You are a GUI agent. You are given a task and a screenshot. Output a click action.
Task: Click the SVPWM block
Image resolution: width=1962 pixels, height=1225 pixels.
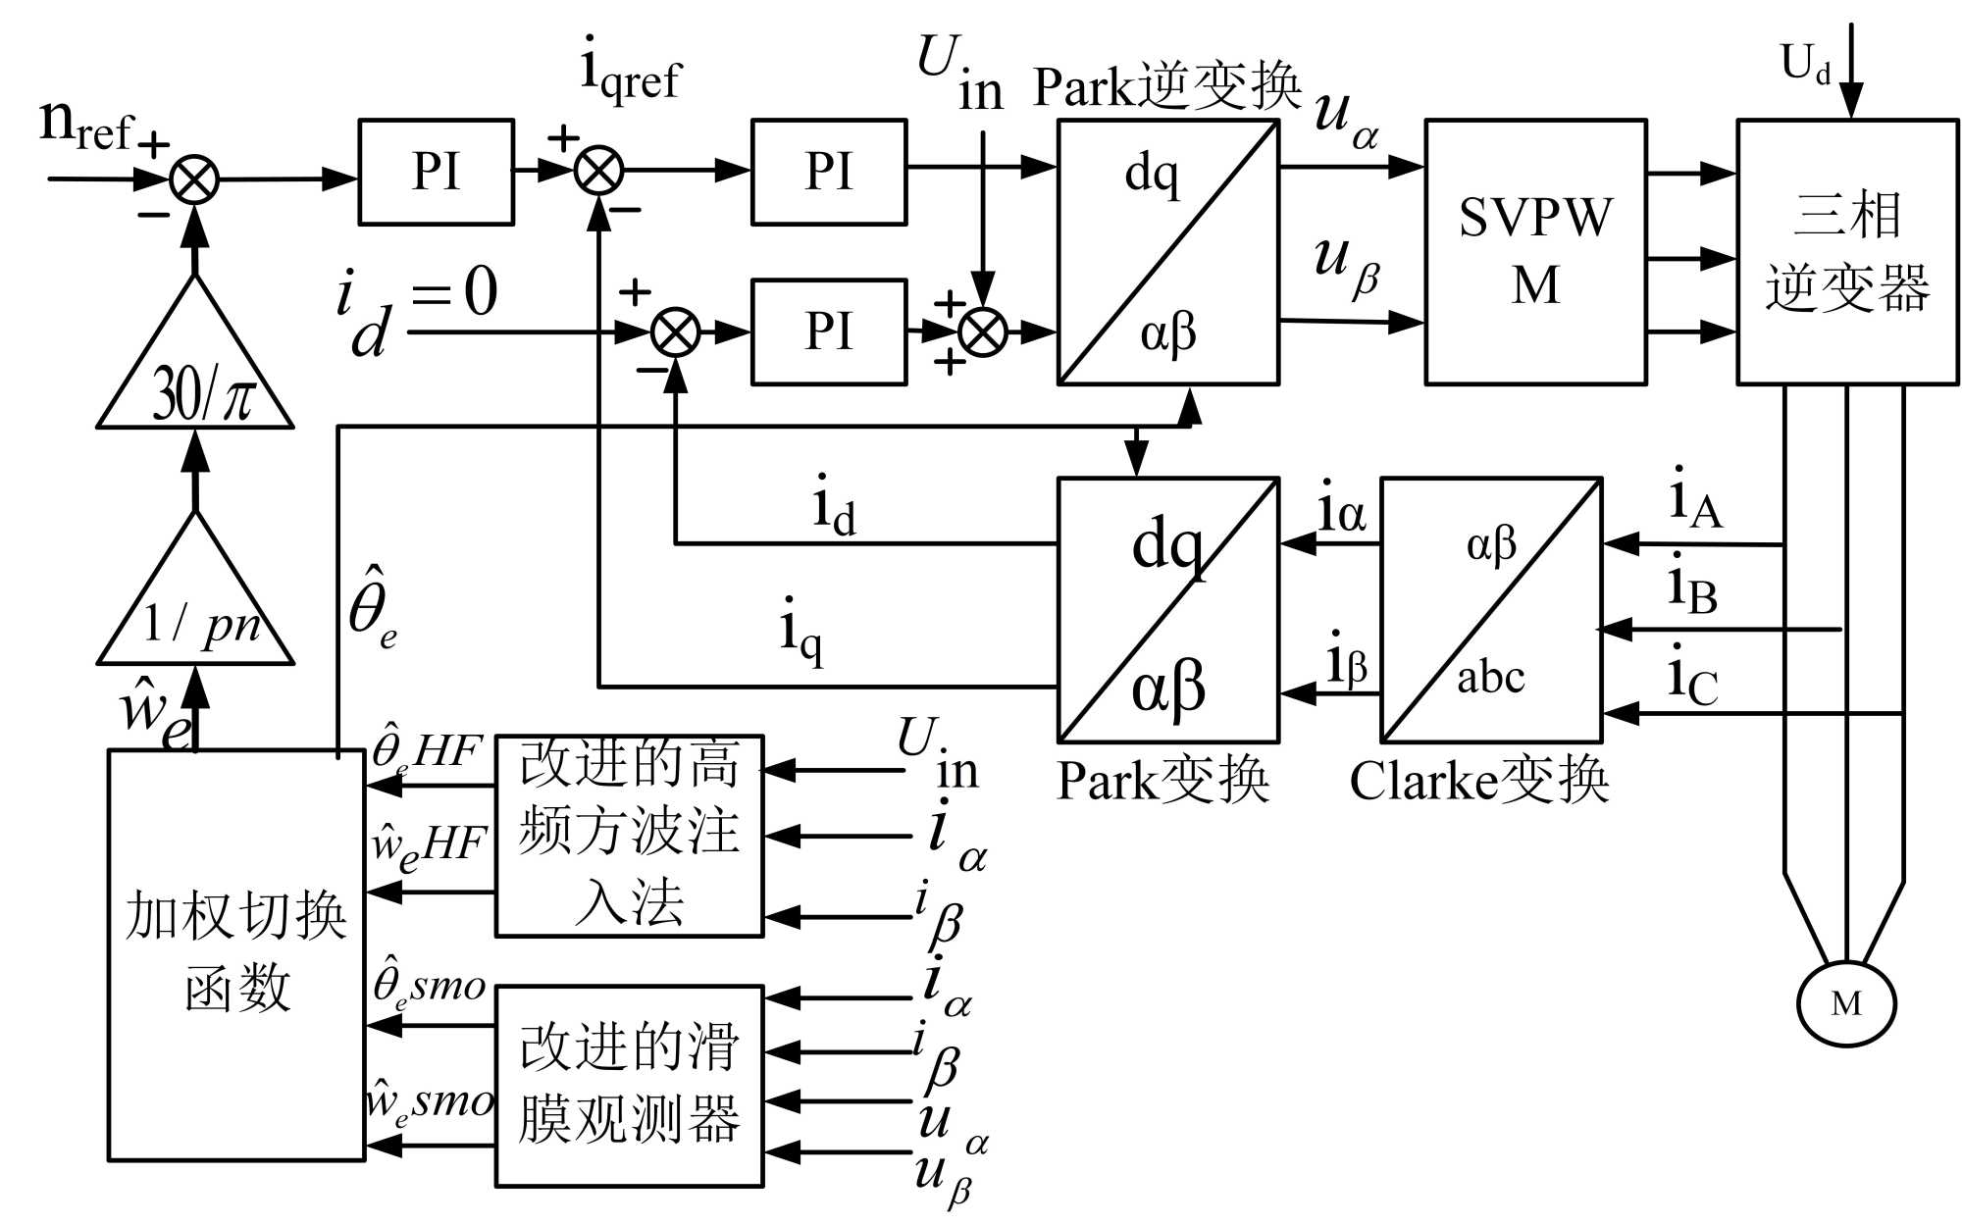1535,252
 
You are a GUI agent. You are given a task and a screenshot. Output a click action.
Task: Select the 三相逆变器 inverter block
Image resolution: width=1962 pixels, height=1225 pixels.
1847,252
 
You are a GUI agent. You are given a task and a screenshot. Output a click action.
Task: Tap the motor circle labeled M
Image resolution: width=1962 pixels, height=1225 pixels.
1846,1003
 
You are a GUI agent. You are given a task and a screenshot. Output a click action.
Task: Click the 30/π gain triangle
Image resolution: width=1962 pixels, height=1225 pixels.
196,378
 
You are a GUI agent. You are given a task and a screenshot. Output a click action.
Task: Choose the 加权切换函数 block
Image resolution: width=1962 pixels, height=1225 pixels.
236,955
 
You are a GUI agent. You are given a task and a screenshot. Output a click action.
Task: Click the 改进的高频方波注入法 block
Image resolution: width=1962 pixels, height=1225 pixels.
629,836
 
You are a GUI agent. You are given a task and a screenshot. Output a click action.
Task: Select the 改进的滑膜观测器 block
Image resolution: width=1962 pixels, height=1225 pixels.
629,1086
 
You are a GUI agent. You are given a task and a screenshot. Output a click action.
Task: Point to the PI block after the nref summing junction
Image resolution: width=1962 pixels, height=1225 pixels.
436,173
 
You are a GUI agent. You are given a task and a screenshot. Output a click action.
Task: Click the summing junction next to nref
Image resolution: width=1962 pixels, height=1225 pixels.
194,180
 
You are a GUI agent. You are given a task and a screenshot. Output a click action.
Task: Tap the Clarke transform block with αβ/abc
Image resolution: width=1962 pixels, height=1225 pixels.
1491,610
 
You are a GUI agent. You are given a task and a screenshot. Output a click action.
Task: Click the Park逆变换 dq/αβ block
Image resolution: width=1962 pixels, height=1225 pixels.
1167,252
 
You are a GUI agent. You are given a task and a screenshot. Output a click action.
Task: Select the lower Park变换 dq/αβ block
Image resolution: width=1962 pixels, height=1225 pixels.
1167,610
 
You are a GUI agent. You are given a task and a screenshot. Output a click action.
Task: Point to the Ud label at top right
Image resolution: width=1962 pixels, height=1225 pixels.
1805,65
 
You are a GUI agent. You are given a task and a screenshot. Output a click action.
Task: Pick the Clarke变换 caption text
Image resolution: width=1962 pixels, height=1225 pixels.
1478,782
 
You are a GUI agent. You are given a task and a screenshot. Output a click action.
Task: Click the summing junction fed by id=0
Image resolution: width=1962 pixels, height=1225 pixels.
676,332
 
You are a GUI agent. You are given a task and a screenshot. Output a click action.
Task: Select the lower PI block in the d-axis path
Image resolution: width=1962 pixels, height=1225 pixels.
829,332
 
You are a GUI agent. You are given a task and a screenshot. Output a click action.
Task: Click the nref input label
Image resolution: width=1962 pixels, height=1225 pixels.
86,126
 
